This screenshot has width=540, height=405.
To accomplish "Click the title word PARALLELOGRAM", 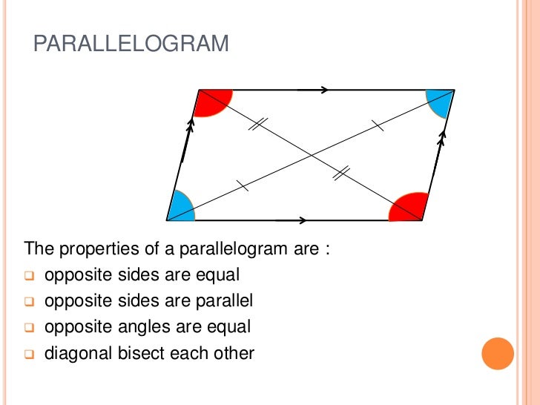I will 131,44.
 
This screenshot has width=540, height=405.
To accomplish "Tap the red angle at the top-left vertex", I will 211,102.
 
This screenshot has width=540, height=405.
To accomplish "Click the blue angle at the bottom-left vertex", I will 181,208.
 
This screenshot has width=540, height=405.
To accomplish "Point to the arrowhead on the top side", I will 324,90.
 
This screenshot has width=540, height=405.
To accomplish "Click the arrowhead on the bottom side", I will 302,220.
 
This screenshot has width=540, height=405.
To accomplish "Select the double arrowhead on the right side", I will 442,136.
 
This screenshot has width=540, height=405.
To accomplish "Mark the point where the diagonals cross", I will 311,155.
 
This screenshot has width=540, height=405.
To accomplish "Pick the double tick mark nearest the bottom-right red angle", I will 341,174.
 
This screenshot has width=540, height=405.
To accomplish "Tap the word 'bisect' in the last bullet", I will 142,352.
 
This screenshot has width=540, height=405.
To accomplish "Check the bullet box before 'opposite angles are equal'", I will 29,327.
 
